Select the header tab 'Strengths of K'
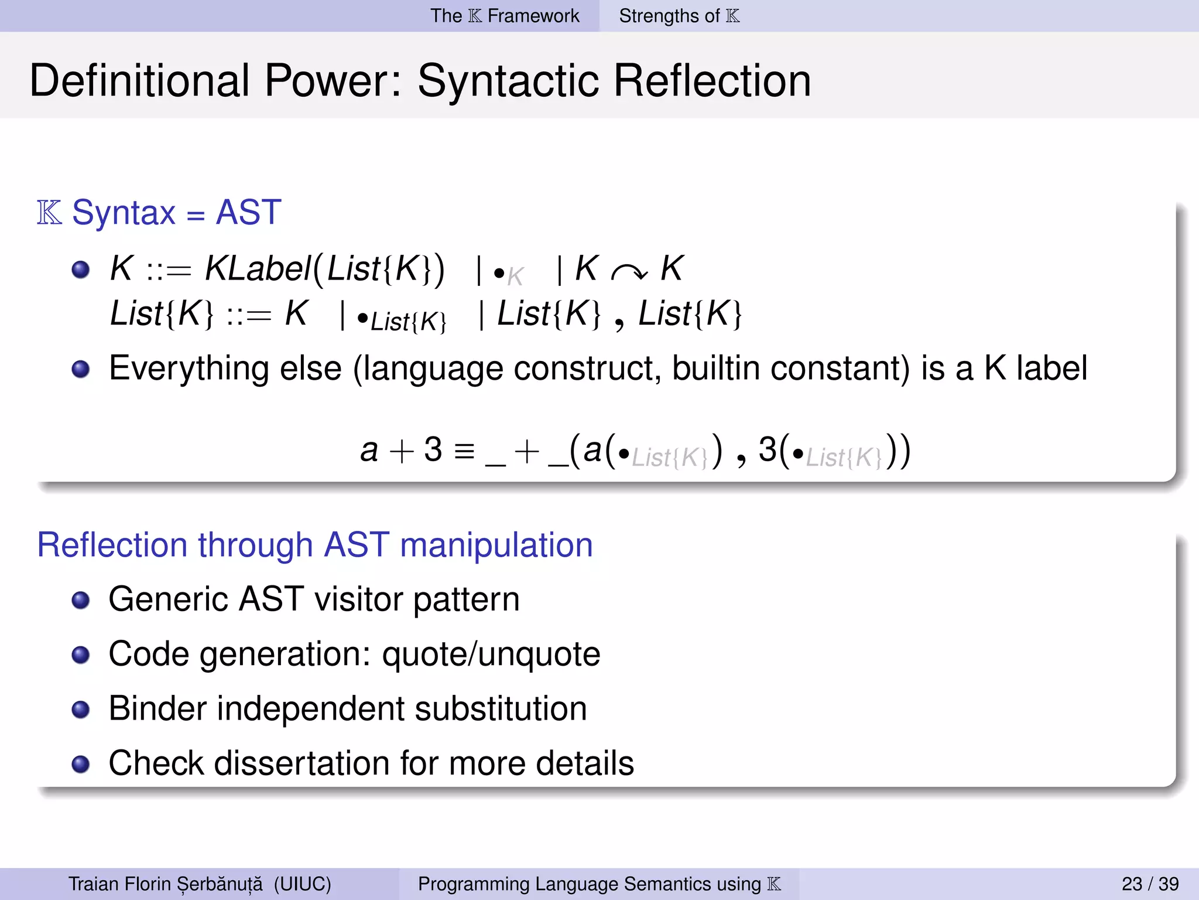tap(679, 16)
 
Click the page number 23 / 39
tap(1150, 884)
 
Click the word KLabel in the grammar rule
tap(258, 269)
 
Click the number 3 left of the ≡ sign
tap(433, 450)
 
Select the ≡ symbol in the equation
tap(464, 451)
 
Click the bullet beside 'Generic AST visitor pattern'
tap(81, 600)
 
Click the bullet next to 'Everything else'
tap(81, 369)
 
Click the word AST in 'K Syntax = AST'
tap(248, 212)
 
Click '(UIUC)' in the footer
tap(302, 884)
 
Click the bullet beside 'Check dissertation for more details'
tap(81, 764)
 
